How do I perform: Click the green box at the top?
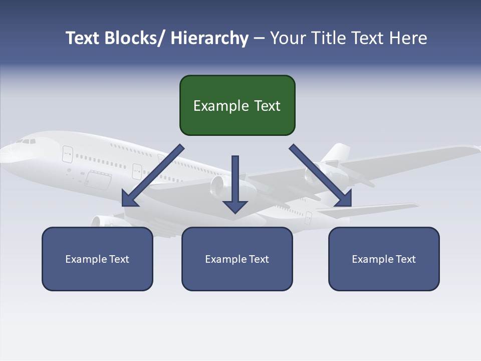click(x=237, y=105)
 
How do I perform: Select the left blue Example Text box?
click(x=97, y=259)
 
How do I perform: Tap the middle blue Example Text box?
click(x=237, y=259)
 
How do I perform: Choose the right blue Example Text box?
click(x=384, y=259)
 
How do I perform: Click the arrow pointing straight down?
click(x=235, y=184)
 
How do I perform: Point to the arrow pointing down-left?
click(x=153, y=175)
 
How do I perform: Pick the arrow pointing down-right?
click(x=321, y=175)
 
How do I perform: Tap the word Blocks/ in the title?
click(x=135, y=38)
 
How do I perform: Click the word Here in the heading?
click(x=409, y=38)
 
